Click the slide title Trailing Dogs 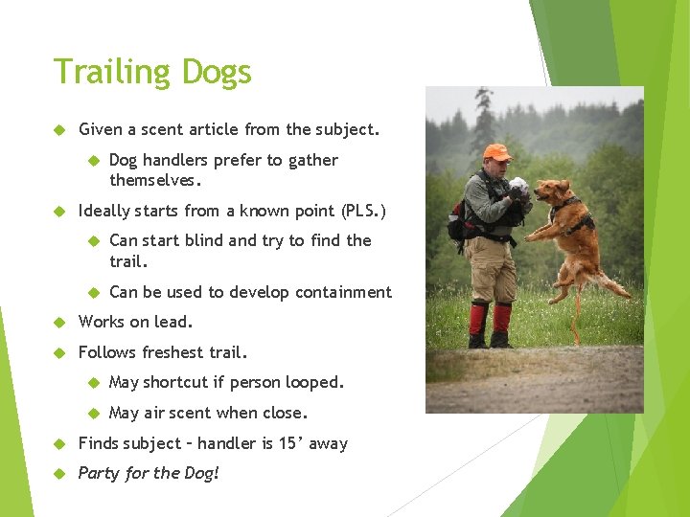click(152, 73)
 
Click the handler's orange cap click(496, 152)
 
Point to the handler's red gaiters click(488, 320)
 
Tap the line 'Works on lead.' click(135, 322)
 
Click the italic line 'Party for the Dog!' click(149, 473)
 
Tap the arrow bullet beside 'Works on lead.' click(58, 323)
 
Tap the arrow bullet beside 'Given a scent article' click(58, 129)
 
